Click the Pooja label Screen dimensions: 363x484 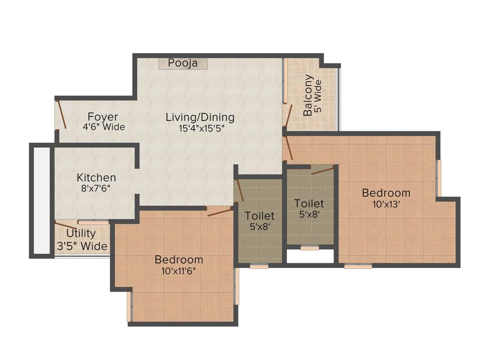pyautogui.click(x=182, y=63)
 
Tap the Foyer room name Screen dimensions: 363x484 pyautogui.click(x=103, y=117)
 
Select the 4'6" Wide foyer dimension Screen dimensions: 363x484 pyautogui.click(x=104, y=127)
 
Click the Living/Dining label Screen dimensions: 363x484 pyautogui.click(x=200, y=117)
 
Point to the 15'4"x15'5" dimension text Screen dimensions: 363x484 pyautogui.click(x=200, y=127)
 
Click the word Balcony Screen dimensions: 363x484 pyautogui.click(x=308, y=95)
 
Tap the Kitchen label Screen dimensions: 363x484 pyautogui.click(x=96, y=178)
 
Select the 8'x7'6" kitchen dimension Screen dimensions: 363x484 pyautogui.click(x=96, y=188)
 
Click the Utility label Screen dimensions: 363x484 pyautogui.click(x=81, y=233)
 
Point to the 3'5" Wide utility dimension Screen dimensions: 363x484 pyautogui.click(x=82, y=246)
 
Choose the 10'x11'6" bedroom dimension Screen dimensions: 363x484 pyautogui.click(x=179, y=270)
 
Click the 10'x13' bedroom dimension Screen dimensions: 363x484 pyautogui.click(x=386, y=204)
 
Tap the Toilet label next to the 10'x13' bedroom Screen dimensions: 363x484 pyautogui.click(x=309, y=203)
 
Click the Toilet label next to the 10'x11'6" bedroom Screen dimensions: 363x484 pyautogui.click(x=259, y=216)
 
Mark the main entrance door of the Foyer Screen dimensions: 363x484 pyautogui.click(x=60, y=113)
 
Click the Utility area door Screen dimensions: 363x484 pyautogui.click(x=65, y=225)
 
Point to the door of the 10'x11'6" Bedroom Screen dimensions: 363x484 pyautogui.click(x=220, y=211)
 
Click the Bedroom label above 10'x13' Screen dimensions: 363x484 pyautogui.click(x=386, y=193)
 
